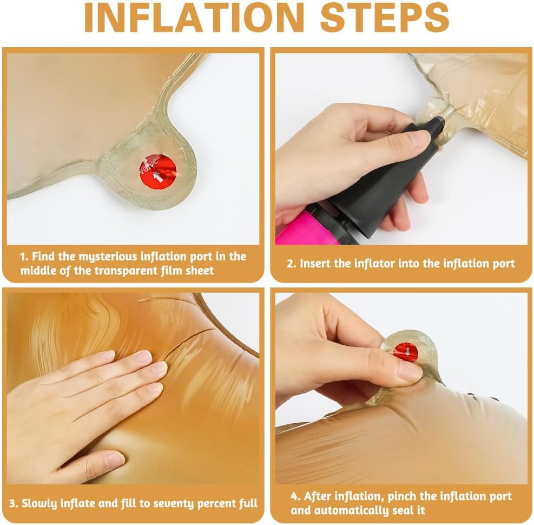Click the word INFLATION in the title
point(194,17)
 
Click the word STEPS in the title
point(385,17)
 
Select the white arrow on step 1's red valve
point(157,176)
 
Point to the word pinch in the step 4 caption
point(403,496)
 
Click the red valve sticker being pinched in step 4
point(406,352)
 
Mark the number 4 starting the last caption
point(294,497)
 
